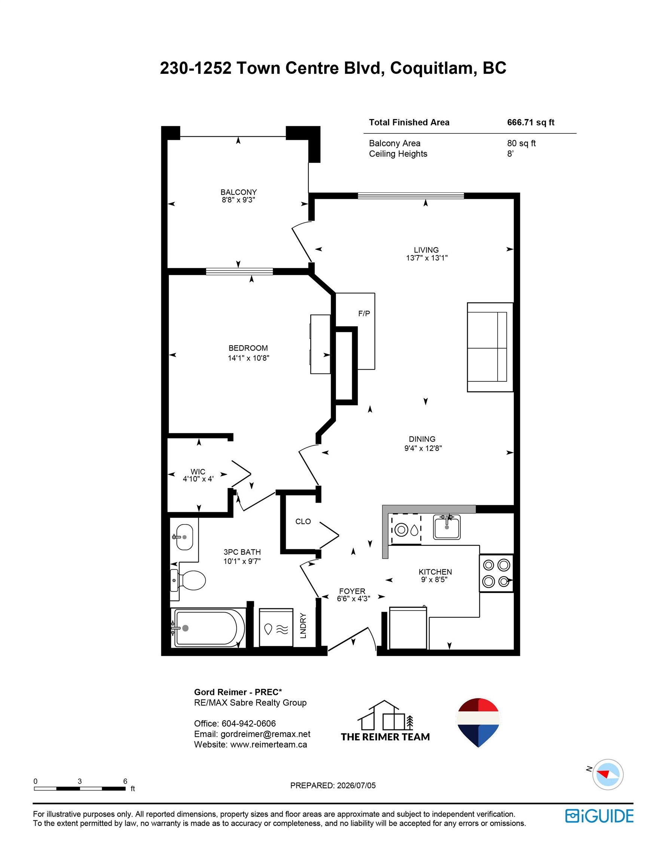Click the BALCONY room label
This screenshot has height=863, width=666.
pos(238,192)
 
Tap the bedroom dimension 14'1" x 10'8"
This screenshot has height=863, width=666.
pos(248,358)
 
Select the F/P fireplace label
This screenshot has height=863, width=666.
pos(364,314)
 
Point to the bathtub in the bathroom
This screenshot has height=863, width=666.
pos(208,628)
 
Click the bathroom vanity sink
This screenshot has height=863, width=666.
pos(184,537)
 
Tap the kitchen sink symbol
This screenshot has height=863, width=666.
pos(446,527)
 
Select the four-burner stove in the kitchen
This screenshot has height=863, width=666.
pos(496,573)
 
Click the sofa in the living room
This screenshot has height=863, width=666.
pos(490,347)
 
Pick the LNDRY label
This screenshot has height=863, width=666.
pos(303,626)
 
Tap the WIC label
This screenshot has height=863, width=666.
pos(198,472)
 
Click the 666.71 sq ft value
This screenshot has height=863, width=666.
pos(531,122)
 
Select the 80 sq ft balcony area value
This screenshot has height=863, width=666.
pos(521,143)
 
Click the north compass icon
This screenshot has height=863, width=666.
pos(608,775)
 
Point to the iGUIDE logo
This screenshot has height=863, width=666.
pos(599,816)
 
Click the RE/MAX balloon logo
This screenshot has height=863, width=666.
pos(478,723)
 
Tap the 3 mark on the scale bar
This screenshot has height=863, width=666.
pos(80,781)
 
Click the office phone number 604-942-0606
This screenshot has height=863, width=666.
pos(249,724)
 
